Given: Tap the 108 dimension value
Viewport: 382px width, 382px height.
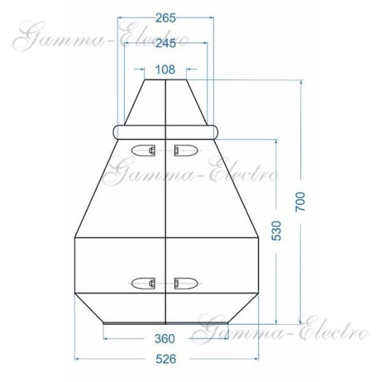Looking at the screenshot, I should [x=166, y=71].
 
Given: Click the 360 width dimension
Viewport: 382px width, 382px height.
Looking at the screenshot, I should [x=165, y=339].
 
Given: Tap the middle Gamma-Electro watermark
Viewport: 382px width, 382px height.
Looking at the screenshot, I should [x=192, y=175].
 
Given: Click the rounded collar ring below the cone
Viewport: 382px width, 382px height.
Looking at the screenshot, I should [x=166, y=131].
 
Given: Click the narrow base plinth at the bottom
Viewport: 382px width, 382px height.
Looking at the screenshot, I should [x=166, y=320].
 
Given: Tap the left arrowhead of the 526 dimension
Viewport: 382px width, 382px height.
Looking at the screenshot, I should [x=78, y=359].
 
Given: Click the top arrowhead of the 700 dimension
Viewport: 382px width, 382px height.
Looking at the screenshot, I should [x=300, y=83].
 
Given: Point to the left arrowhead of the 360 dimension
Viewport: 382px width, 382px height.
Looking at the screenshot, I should [x=105, y=339].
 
